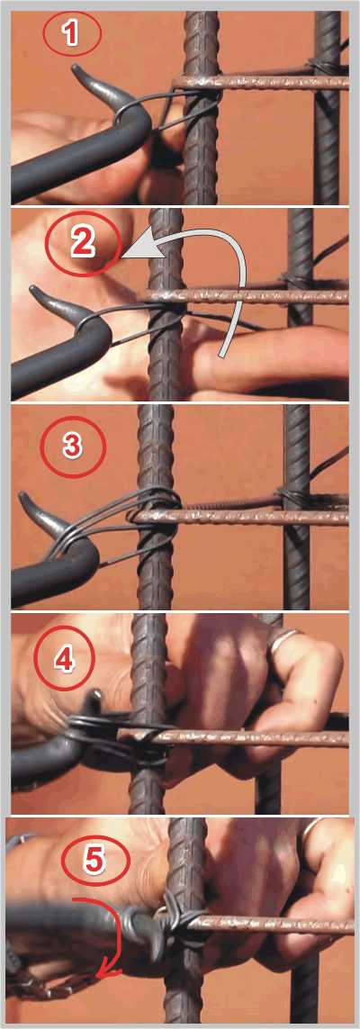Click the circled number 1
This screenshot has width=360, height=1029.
72,33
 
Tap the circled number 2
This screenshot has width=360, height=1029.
83,242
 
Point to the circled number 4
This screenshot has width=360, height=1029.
63,661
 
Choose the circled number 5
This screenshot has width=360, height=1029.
95,862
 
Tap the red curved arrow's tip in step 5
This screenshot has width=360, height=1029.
100,976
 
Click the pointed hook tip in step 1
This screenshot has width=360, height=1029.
75,68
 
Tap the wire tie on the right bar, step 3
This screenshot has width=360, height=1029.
290,498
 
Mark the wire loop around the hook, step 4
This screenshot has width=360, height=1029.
98,728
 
